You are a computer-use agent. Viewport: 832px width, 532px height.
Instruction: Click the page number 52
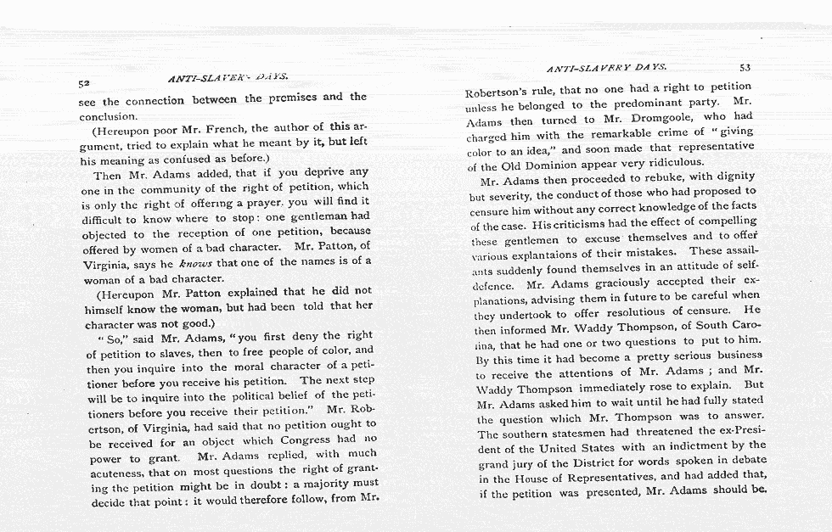(x=83, y=84)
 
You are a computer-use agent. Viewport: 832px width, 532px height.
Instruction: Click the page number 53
(x=745, y=66)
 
